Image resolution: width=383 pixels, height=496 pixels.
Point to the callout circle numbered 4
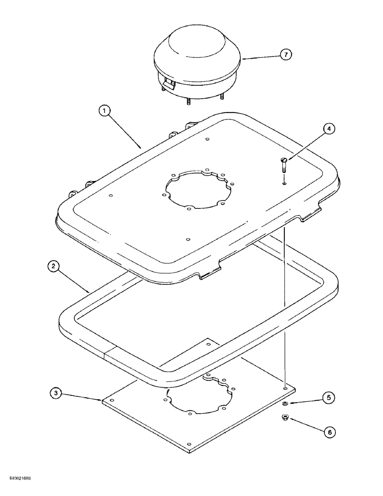tap(329, 129)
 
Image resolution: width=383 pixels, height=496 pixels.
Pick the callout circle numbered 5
tap(329, 397)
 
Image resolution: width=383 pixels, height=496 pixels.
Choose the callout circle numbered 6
tap(329, 432)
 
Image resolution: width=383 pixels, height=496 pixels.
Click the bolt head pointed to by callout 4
tap(284, 159)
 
